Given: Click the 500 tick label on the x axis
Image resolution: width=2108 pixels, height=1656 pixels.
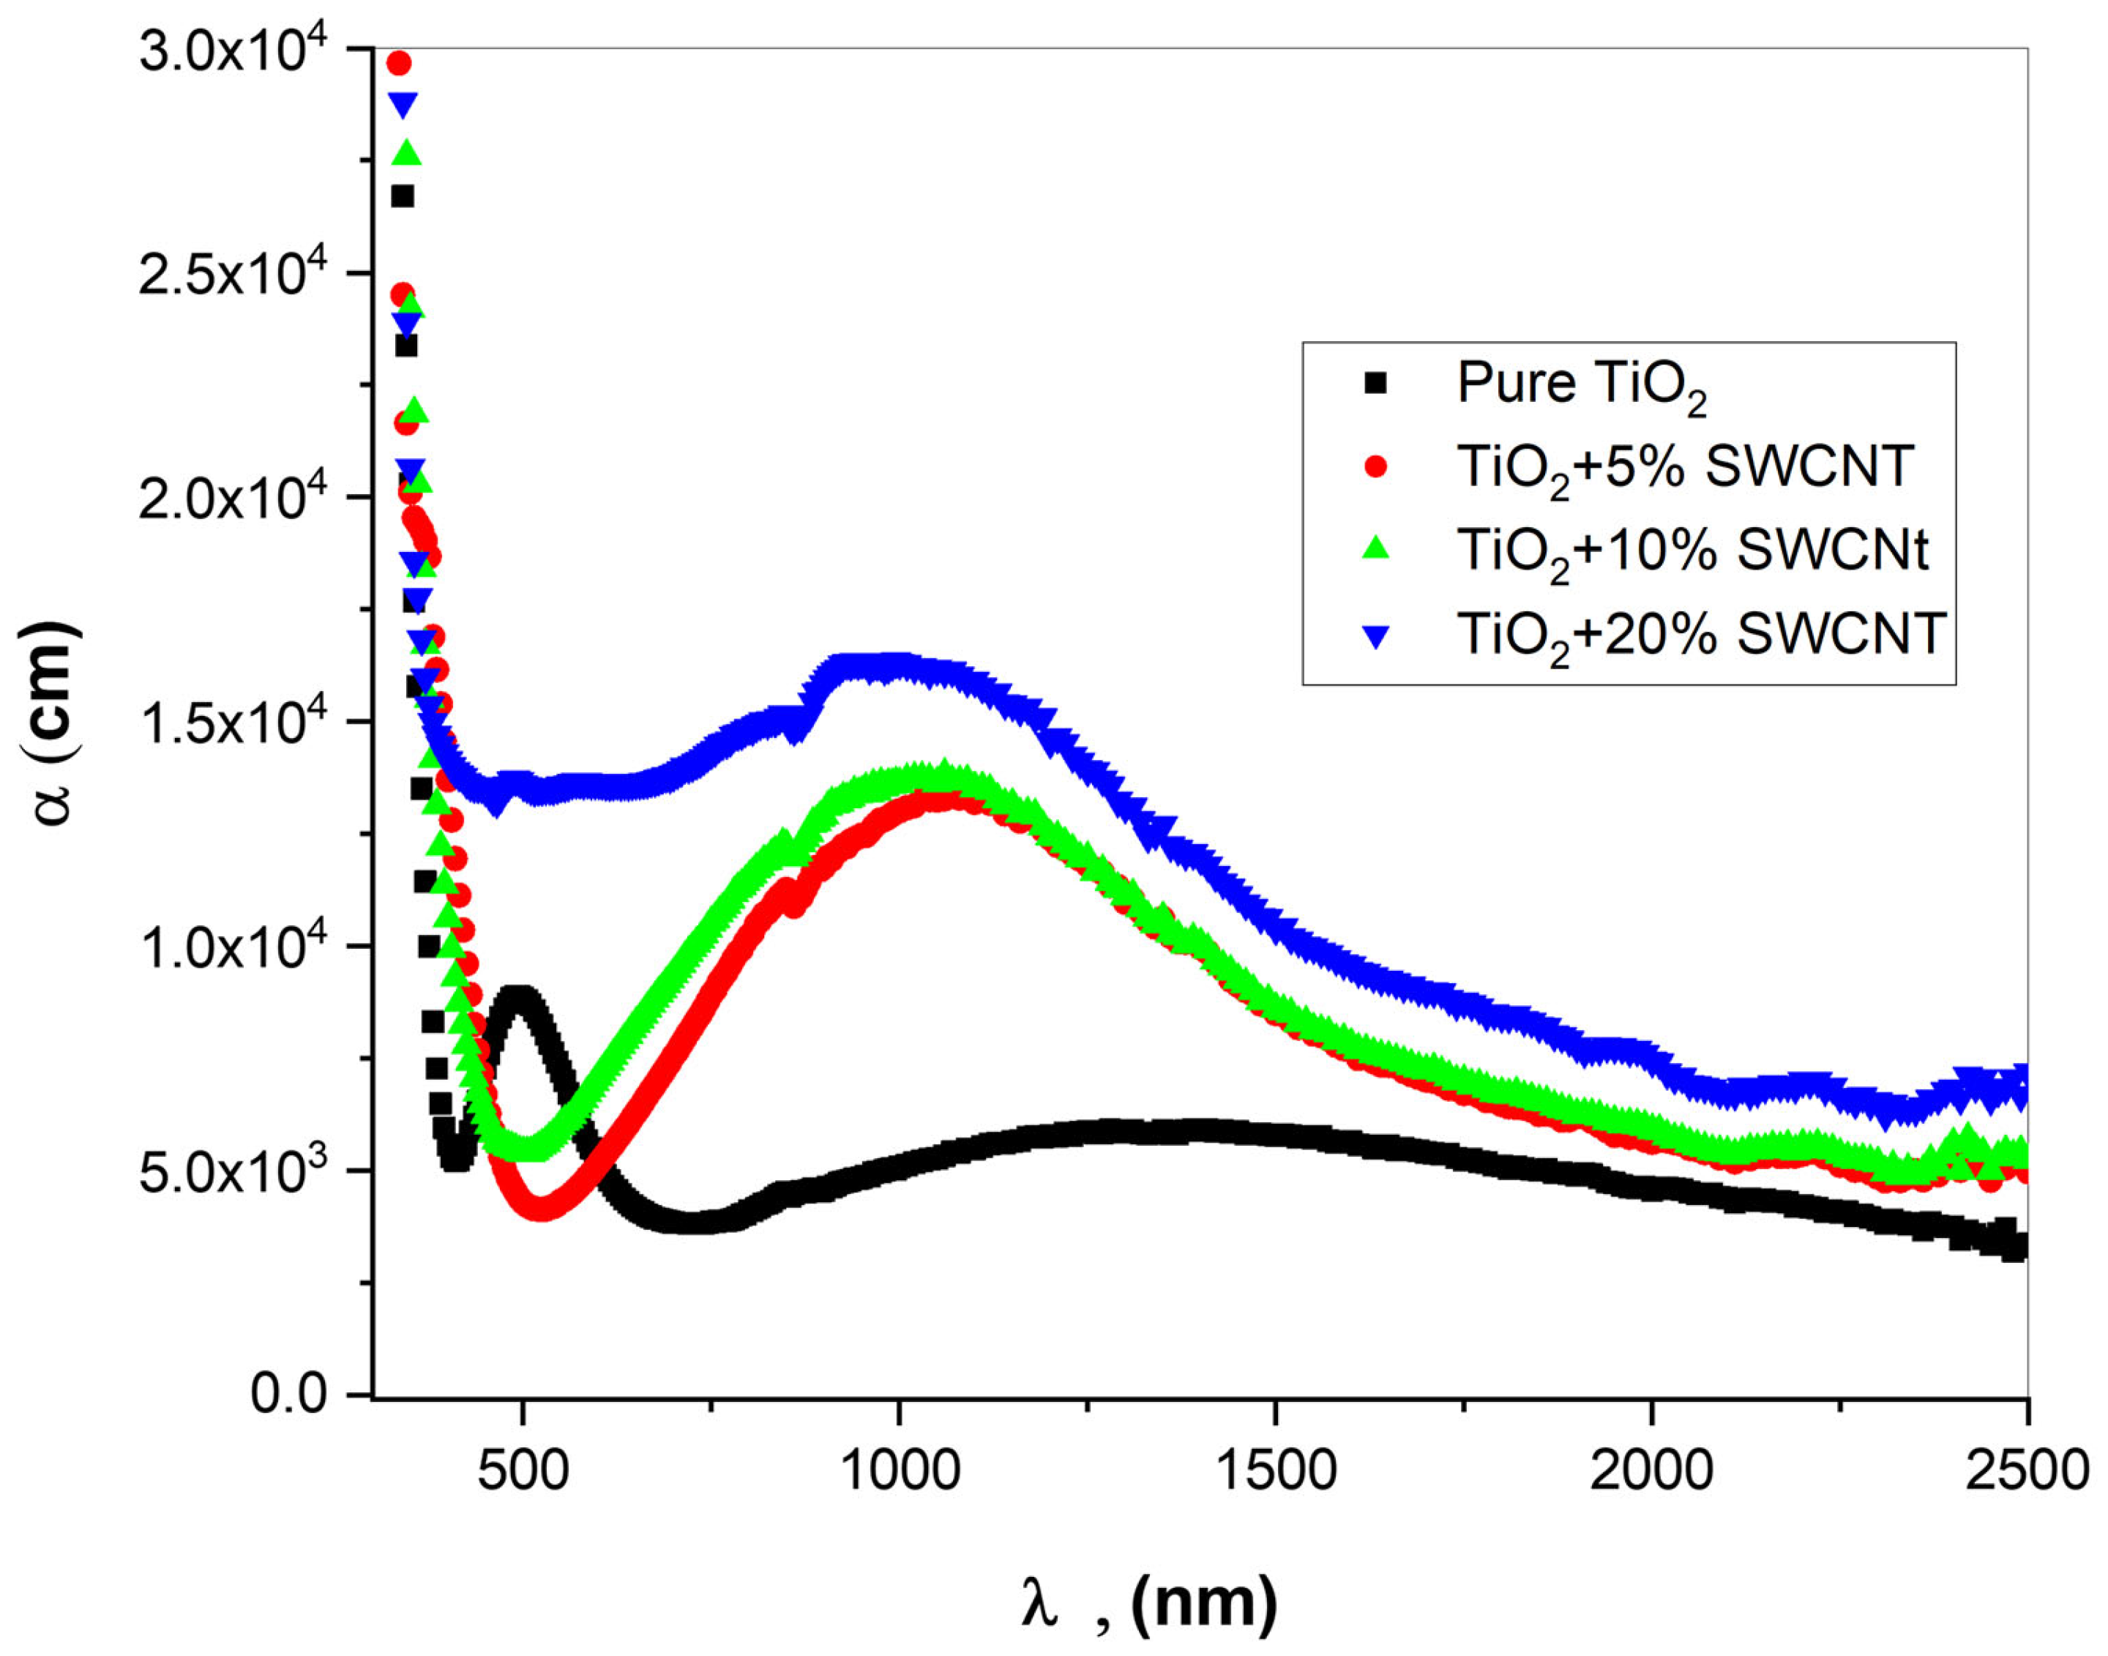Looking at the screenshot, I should click(x=523, y=1470).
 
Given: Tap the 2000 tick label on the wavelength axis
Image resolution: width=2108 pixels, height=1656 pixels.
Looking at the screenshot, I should click(x=1651, y=1470).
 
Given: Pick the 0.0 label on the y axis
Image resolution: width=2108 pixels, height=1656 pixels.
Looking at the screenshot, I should click(x=289, y=1393).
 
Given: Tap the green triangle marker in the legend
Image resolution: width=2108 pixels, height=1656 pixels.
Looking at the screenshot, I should click(x=1375, y=550).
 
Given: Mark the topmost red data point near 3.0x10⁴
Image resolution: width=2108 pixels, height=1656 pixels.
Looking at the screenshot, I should click(x=398, y=64).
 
